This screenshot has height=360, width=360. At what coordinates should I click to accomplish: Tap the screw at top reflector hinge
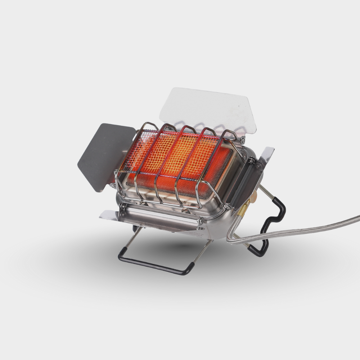(242, 140)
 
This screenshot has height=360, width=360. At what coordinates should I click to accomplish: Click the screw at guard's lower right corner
(227, 206)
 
